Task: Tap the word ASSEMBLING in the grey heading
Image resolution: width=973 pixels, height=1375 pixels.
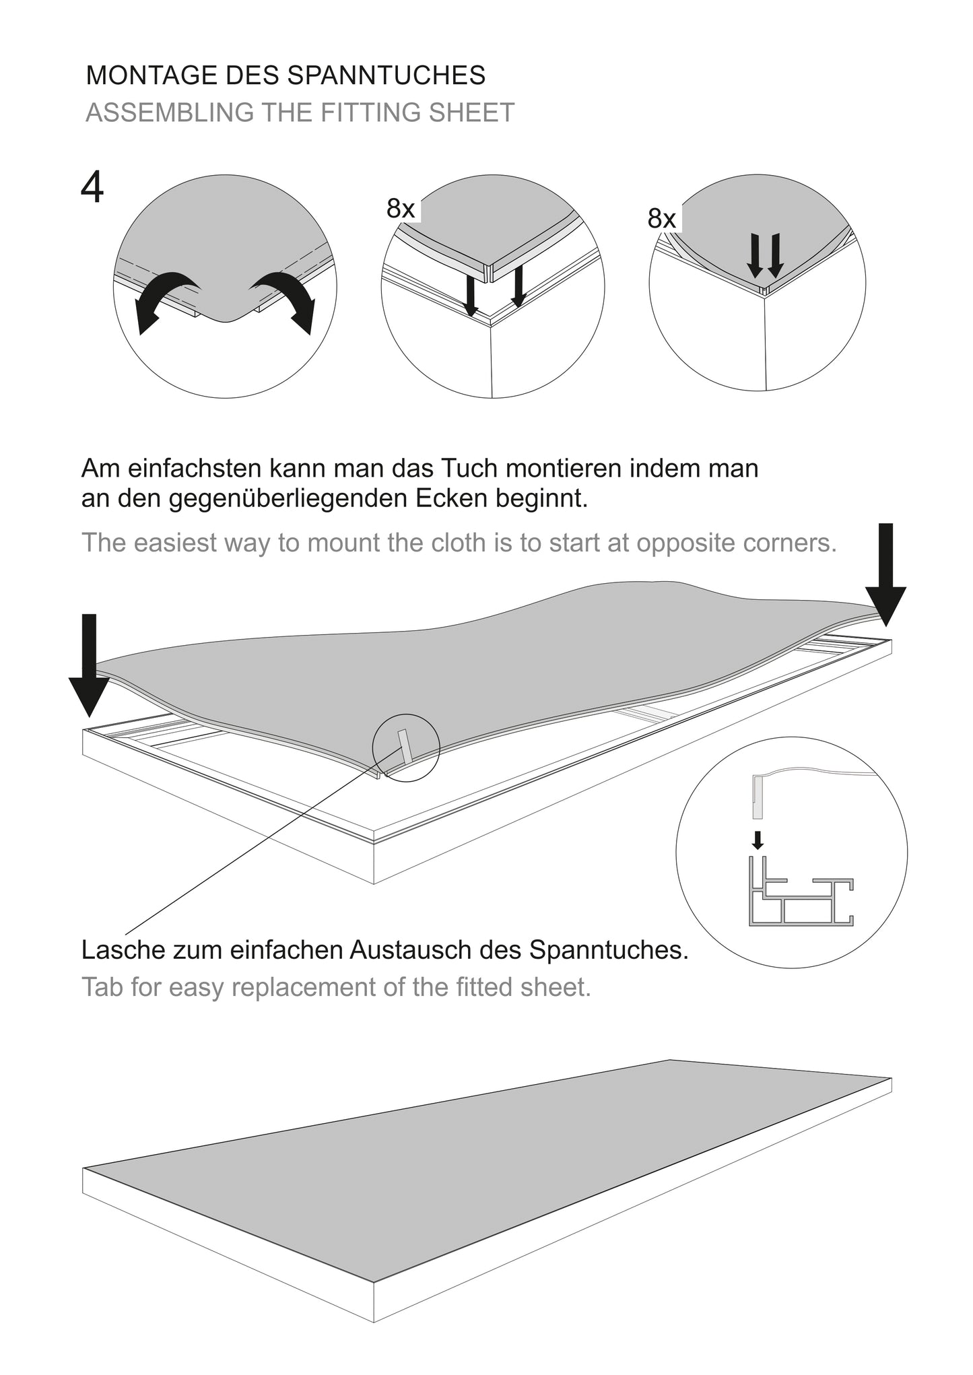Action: pos(168,112)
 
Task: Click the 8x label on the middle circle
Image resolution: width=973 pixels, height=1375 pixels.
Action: pos(401,209)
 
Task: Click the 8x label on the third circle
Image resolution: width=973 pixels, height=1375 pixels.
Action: pos(661,218)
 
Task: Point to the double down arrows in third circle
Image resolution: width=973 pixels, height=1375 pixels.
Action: pos(765,256)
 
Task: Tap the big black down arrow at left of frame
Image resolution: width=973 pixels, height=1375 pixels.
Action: pos(89,663)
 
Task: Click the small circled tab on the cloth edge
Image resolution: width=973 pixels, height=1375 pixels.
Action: pos(405,747)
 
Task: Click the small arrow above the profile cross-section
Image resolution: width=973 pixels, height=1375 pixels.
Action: pos(758,840)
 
